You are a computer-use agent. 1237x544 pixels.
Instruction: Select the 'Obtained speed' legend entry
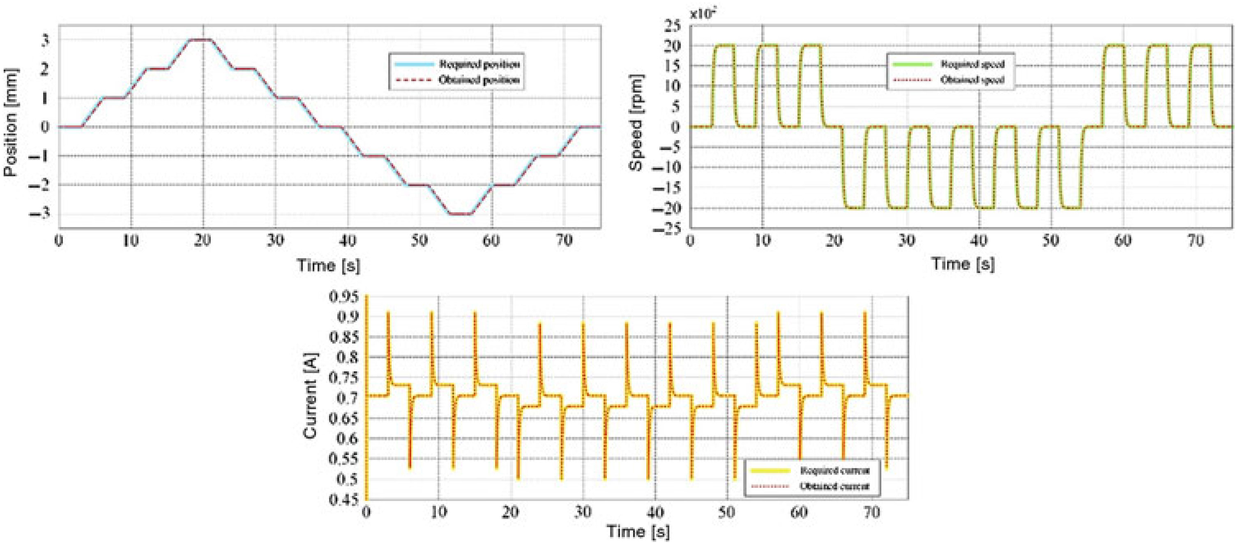point(972,80)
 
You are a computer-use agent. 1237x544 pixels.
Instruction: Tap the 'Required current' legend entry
point(834,471)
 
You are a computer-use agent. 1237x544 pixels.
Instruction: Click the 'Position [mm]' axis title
point(11,123)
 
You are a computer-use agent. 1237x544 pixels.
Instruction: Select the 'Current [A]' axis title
point(311,397)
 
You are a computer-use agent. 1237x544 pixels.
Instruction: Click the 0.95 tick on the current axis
point(343,297)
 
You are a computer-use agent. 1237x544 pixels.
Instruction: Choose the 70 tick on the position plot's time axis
point(564,240)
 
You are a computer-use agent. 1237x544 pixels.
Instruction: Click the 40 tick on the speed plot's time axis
point(979,240)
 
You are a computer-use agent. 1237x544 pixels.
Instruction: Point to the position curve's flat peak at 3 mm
point(200,40)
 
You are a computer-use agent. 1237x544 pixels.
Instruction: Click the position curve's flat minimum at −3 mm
point(460,213)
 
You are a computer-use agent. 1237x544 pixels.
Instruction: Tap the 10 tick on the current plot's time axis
point(438,512)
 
